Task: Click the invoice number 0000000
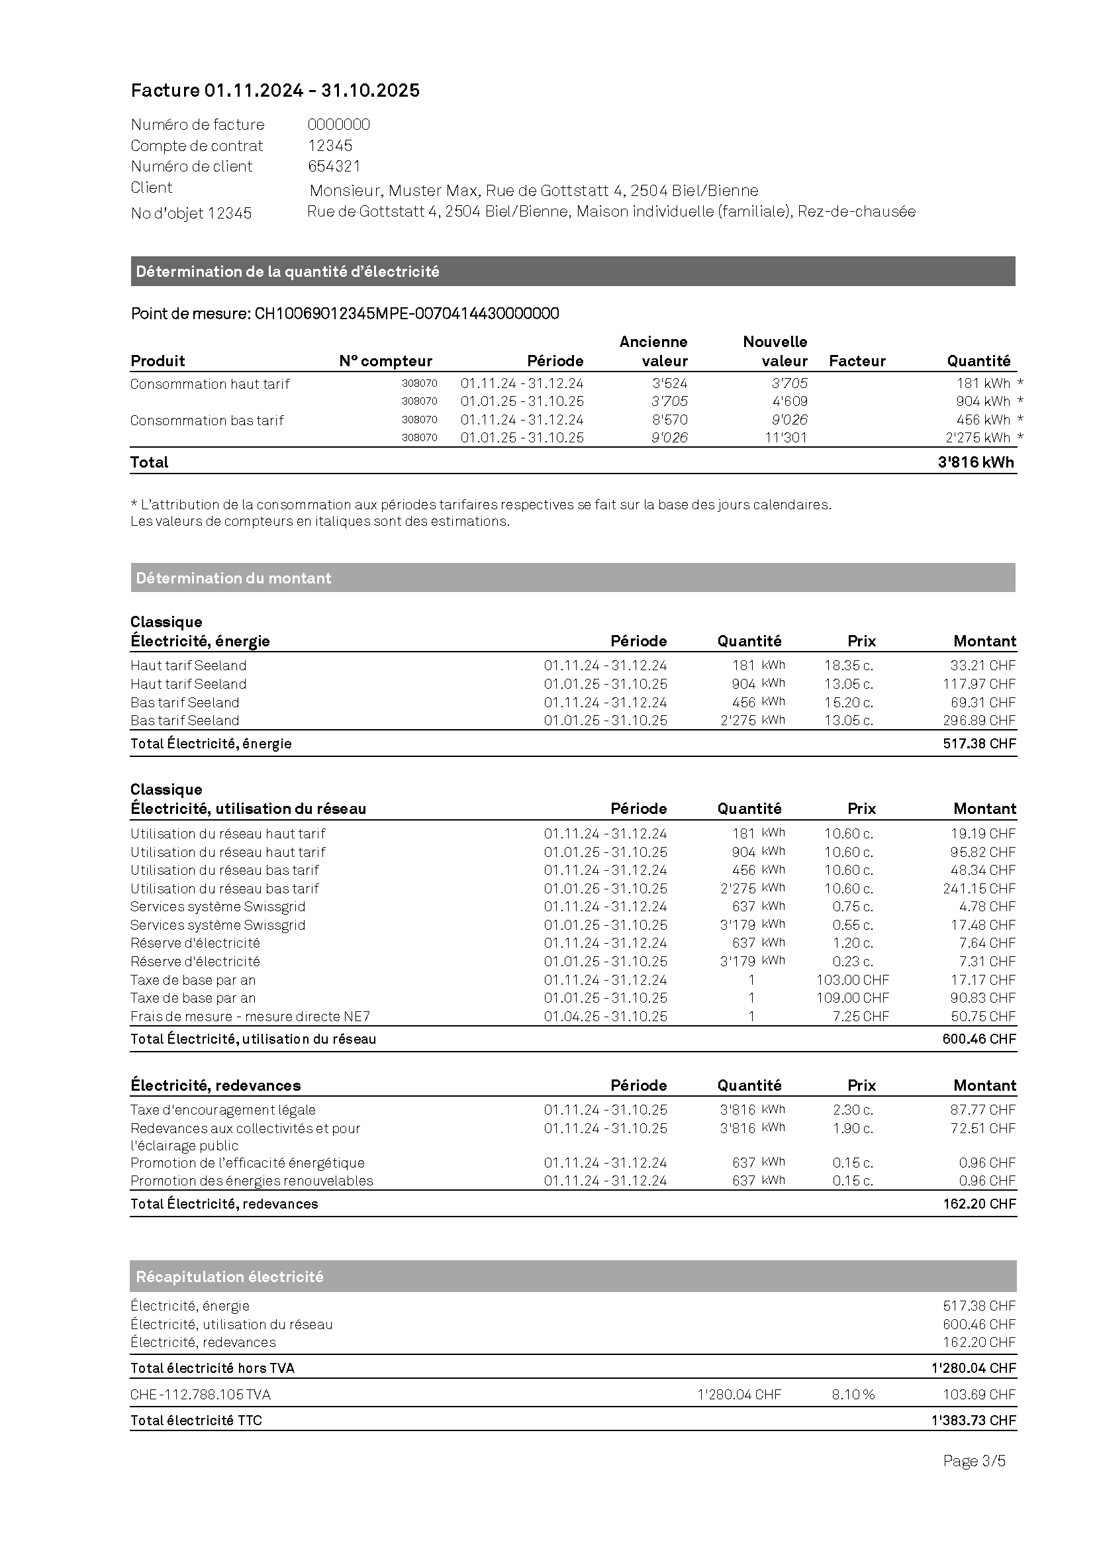coord(338,124)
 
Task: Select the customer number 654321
coord(334,166)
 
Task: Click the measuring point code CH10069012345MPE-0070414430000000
coord(406,313)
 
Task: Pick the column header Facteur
coord(857,361)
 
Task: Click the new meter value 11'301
coord(786,437)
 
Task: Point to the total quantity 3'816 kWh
coord(975,462)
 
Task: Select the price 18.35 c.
coord(848,665)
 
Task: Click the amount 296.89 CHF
coord(978,720)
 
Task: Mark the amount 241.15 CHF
coord(978,889)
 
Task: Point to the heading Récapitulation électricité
coord(229,1276)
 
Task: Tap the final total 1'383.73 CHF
coord(973,1420)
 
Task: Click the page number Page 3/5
coord(974,1461)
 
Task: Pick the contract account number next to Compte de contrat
coord(330,145)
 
